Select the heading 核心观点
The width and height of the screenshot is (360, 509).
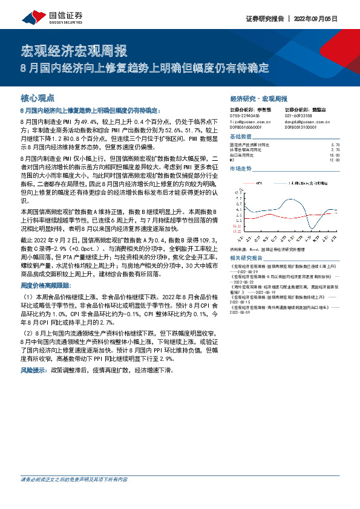[x=38, y=97]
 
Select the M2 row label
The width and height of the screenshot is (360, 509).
[x=232, y=160]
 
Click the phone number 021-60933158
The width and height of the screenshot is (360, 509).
[x=298, y=115]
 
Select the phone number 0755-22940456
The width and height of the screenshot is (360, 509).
[x=245, y=115]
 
